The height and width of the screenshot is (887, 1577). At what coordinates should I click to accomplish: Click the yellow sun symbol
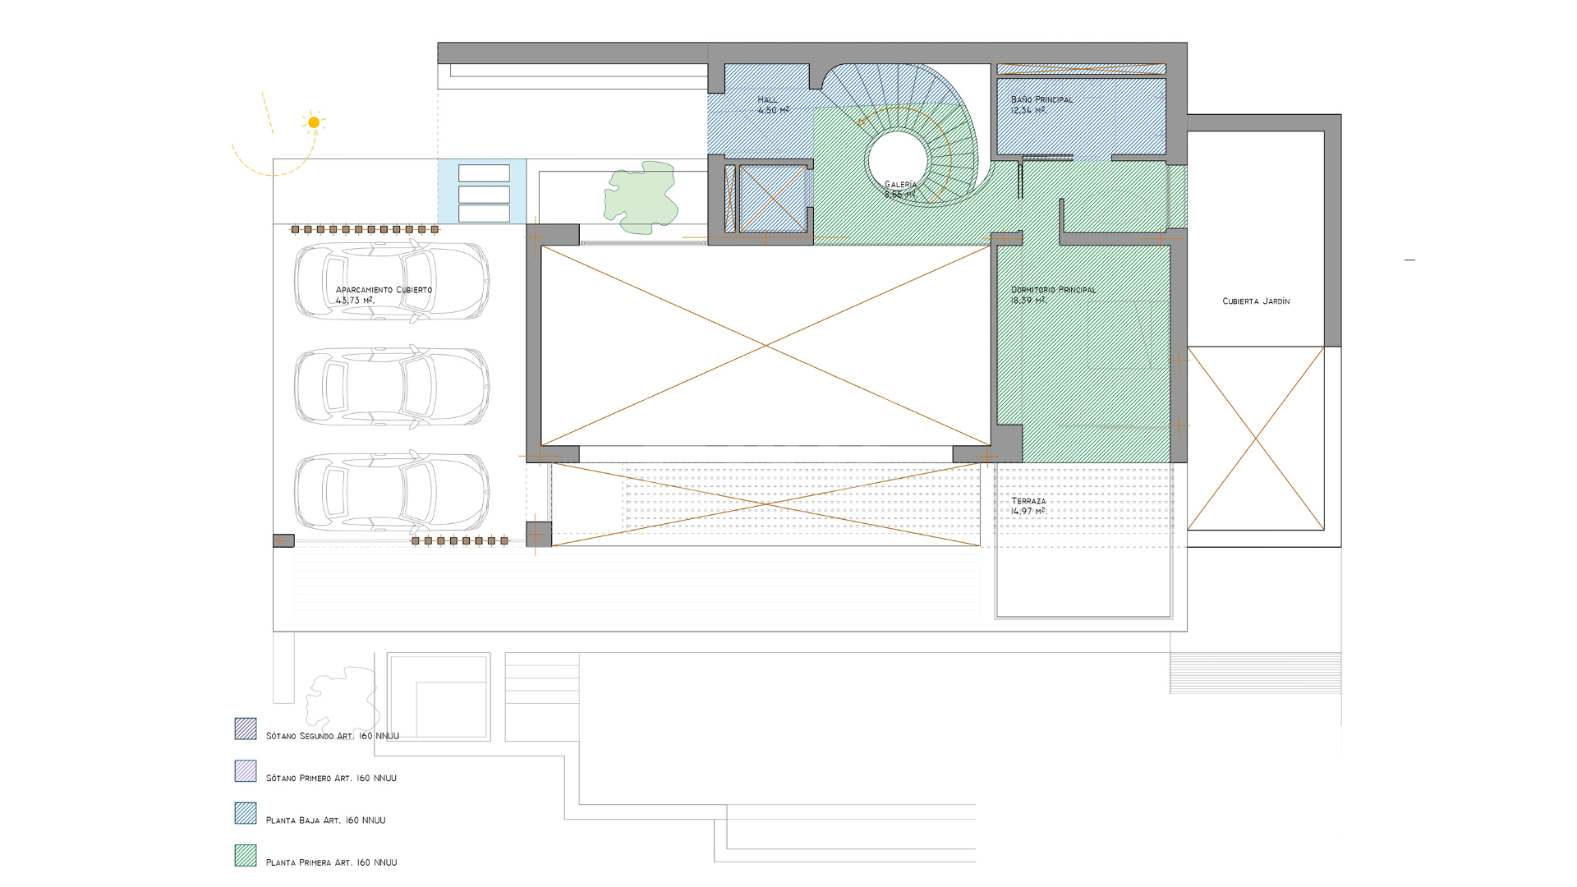click(314, 122)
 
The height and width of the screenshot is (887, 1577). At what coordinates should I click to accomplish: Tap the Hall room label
click(772, 105)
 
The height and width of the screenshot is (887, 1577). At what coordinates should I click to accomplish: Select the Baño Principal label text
click(1041, 104)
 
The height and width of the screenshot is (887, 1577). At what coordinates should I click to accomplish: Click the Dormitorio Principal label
click(1052, 295)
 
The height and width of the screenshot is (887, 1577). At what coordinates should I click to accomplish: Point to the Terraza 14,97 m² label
click(1028, 506)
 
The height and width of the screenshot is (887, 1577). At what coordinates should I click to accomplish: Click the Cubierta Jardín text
click(1255, 301)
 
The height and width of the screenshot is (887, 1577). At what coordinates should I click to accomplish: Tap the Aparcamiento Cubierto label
click(383, 295)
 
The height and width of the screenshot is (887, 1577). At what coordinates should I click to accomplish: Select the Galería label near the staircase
click(899, 190)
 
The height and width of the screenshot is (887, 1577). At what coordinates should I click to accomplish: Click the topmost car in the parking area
click(392, 281)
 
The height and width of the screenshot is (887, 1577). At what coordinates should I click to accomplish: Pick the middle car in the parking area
click(392, 386)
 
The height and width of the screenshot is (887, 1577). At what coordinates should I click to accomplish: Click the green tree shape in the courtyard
click(641, 197)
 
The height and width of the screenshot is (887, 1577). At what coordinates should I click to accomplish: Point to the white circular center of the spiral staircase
click(898, 160)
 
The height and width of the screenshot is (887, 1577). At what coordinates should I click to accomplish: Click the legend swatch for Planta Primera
click(246, 855)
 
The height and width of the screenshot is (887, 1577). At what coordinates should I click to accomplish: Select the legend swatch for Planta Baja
click(246, 813)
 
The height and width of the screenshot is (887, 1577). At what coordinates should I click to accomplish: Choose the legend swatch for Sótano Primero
click(246, 770)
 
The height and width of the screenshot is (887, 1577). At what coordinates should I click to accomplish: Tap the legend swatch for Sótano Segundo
click(246, 728)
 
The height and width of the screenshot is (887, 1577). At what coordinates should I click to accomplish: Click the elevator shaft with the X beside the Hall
click(771, 199)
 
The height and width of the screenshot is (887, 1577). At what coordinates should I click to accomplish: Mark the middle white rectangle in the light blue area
click(484, 194)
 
